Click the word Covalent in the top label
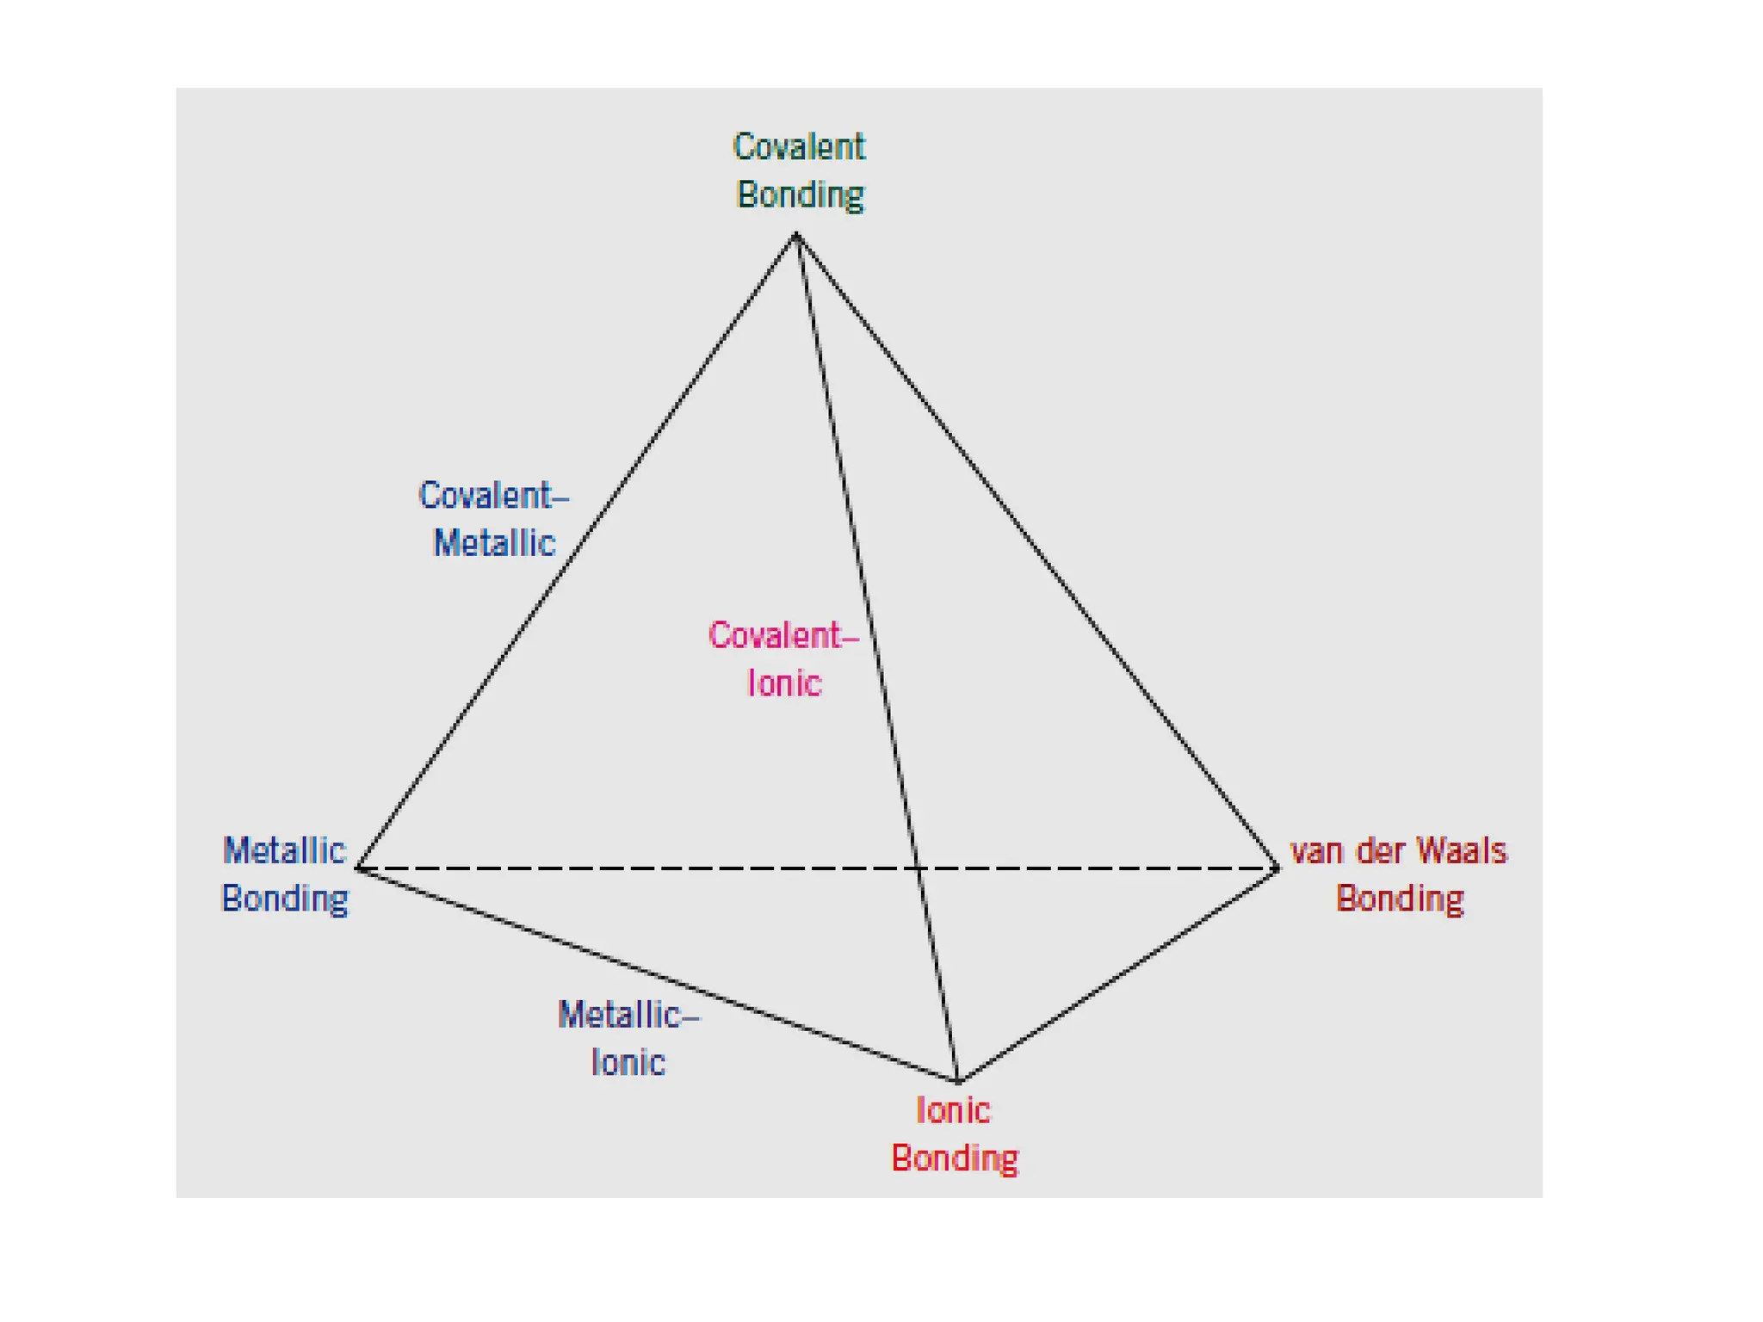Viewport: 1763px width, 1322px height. point(798,147)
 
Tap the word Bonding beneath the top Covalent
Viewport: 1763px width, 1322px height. point(800,195)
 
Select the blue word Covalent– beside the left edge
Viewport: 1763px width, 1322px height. point(493,496)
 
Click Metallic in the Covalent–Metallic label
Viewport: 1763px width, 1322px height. point(494,544)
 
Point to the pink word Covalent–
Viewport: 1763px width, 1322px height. point(783,636)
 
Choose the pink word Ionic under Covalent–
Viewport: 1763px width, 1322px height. point(784,683)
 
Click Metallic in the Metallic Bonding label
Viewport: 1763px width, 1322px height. point(284,850)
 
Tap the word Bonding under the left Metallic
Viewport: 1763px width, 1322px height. point(285,899)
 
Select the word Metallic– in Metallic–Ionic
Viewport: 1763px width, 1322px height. point(628,1016)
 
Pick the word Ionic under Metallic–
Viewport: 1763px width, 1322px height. point(628,1063)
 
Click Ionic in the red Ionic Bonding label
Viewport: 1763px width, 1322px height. point(953,1111)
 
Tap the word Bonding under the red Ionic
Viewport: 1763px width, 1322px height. point(955,1159)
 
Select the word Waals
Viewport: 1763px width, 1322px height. point(1462,851)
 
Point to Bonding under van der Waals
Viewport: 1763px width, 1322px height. point(1400,899)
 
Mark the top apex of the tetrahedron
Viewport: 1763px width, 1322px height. point(796,234)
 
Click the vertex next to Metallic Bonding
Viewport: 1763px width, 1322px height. point(359,868)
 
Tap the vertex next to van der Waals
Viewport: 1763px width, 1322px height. point(1277,868)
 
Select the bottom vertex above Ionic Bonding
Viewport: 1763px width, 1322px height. point(958,1080)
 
